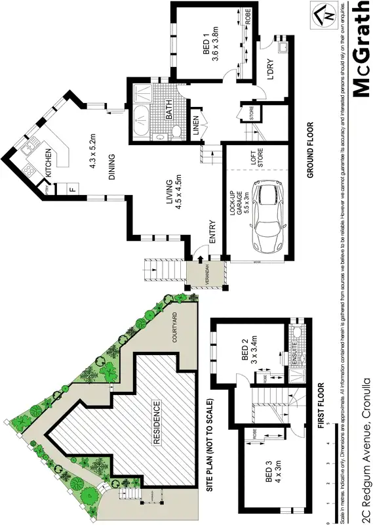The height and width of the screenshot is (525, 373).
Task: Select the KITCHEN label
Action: click(49, 163)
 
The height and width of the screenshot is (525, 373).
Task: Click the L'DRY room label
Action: click(270, 71)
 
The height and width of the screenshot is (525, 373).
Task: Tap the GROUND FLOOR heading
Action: click(310, 150)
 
